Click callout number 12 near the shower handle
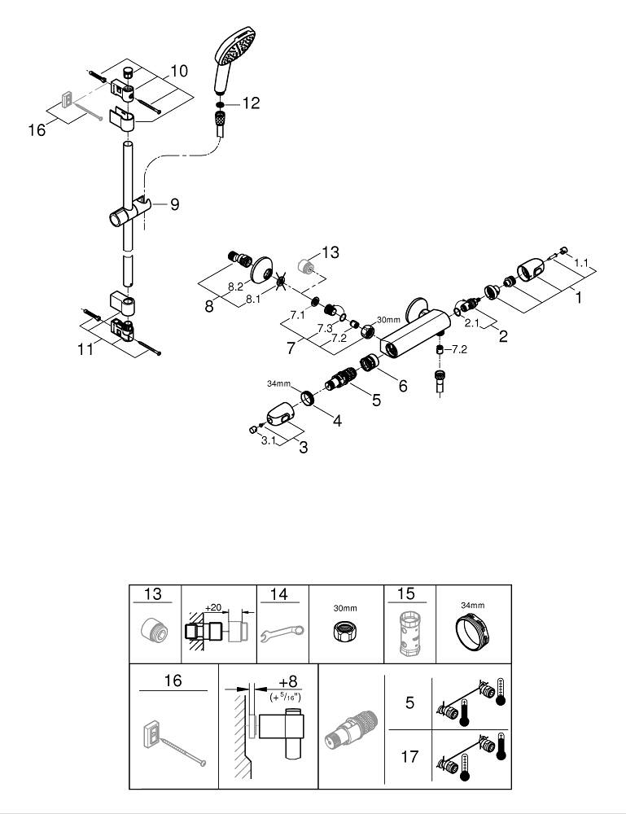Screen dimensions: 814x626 [251, 103]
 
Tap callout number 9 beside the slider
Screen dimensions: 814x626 [174, 205]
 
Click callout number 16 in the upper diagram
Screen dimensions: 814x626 [37, 129]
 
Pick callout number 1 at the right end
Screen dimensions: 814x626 [580, 299]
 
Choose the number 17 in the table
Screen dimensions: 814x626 [410, 757]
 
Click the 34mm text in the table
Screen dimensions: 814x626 [472, 606]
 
